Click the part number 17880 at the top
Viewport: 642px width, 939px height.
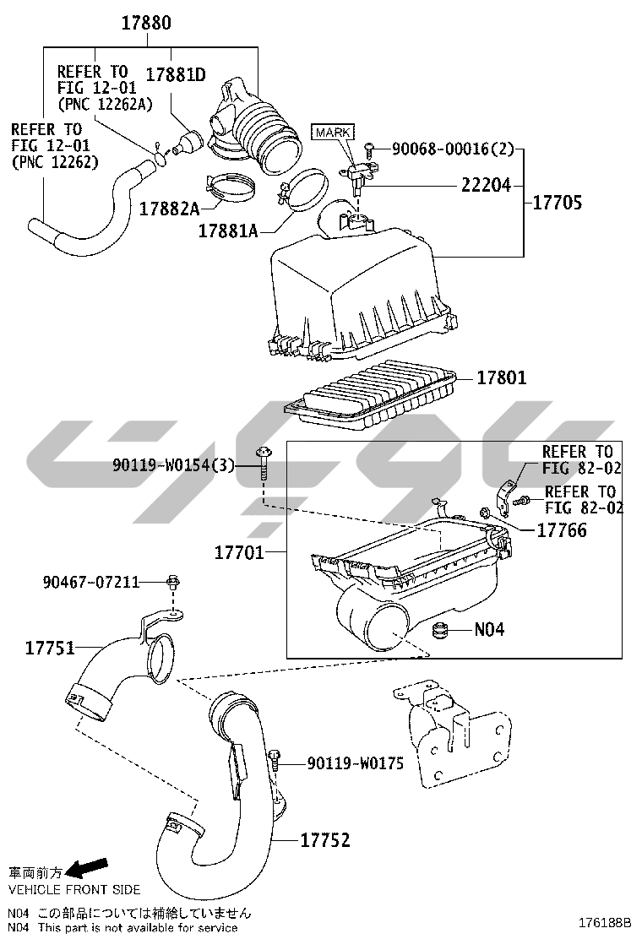tap(146, 23)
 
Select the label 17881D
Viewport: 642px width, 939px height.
tap(176, 75)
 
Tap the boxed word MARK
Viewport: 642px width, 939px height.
tap(333, 133)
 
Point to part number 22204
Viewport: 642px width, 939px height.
tap(486, 186)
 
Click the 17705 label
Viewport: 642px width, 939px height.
tap(557, 203)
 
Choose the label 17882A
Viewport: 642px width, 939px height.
tap(170, 209)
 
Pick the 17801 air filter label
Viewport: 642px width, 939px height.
tap(501, 377)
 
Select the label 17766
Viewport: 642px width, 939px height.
tap(562, 530)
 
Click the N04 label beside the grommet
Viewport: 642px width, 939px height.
tap(489, 629)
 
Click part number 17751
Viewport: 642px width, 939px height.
tap(50, 648)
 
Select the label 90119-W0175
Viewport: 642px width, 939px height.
tap(355, 763)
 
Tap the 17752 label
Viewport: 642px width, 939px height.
tap(324, 840)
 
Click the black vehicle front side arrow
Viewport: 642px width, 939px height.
tap(85, 868)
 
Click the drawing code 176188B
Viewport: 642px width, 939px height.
tap(605, 923)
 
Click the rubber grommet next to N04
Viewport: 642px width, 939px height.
tap(440, 630)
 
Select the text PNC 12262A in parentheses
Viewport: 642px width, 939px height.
tap(106, 104)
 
